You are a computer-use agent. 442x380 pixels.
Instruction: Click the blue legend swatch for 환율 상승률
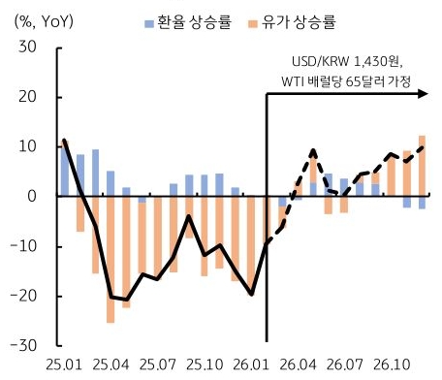click(x=148, y=20)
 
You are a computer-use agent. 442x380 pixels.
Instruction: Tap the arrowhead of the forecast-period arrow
click(x=424, y=94)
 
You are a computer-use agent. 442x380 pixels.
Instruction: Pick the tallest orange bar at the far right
click(x=422, y=166)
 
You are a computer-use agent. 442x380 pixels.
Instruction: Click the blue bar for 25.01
click(x=64, y=169)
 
